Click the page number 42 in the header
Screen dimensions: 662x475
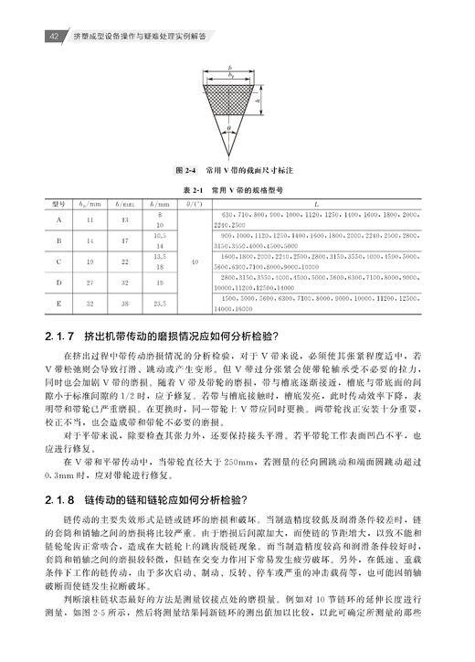(54, 36)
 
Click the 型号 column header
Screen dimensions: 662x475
(59, 206)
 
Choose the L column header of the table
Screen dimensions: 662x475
(315, 206)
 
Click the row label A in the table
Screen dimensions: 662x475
(59, 220)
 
